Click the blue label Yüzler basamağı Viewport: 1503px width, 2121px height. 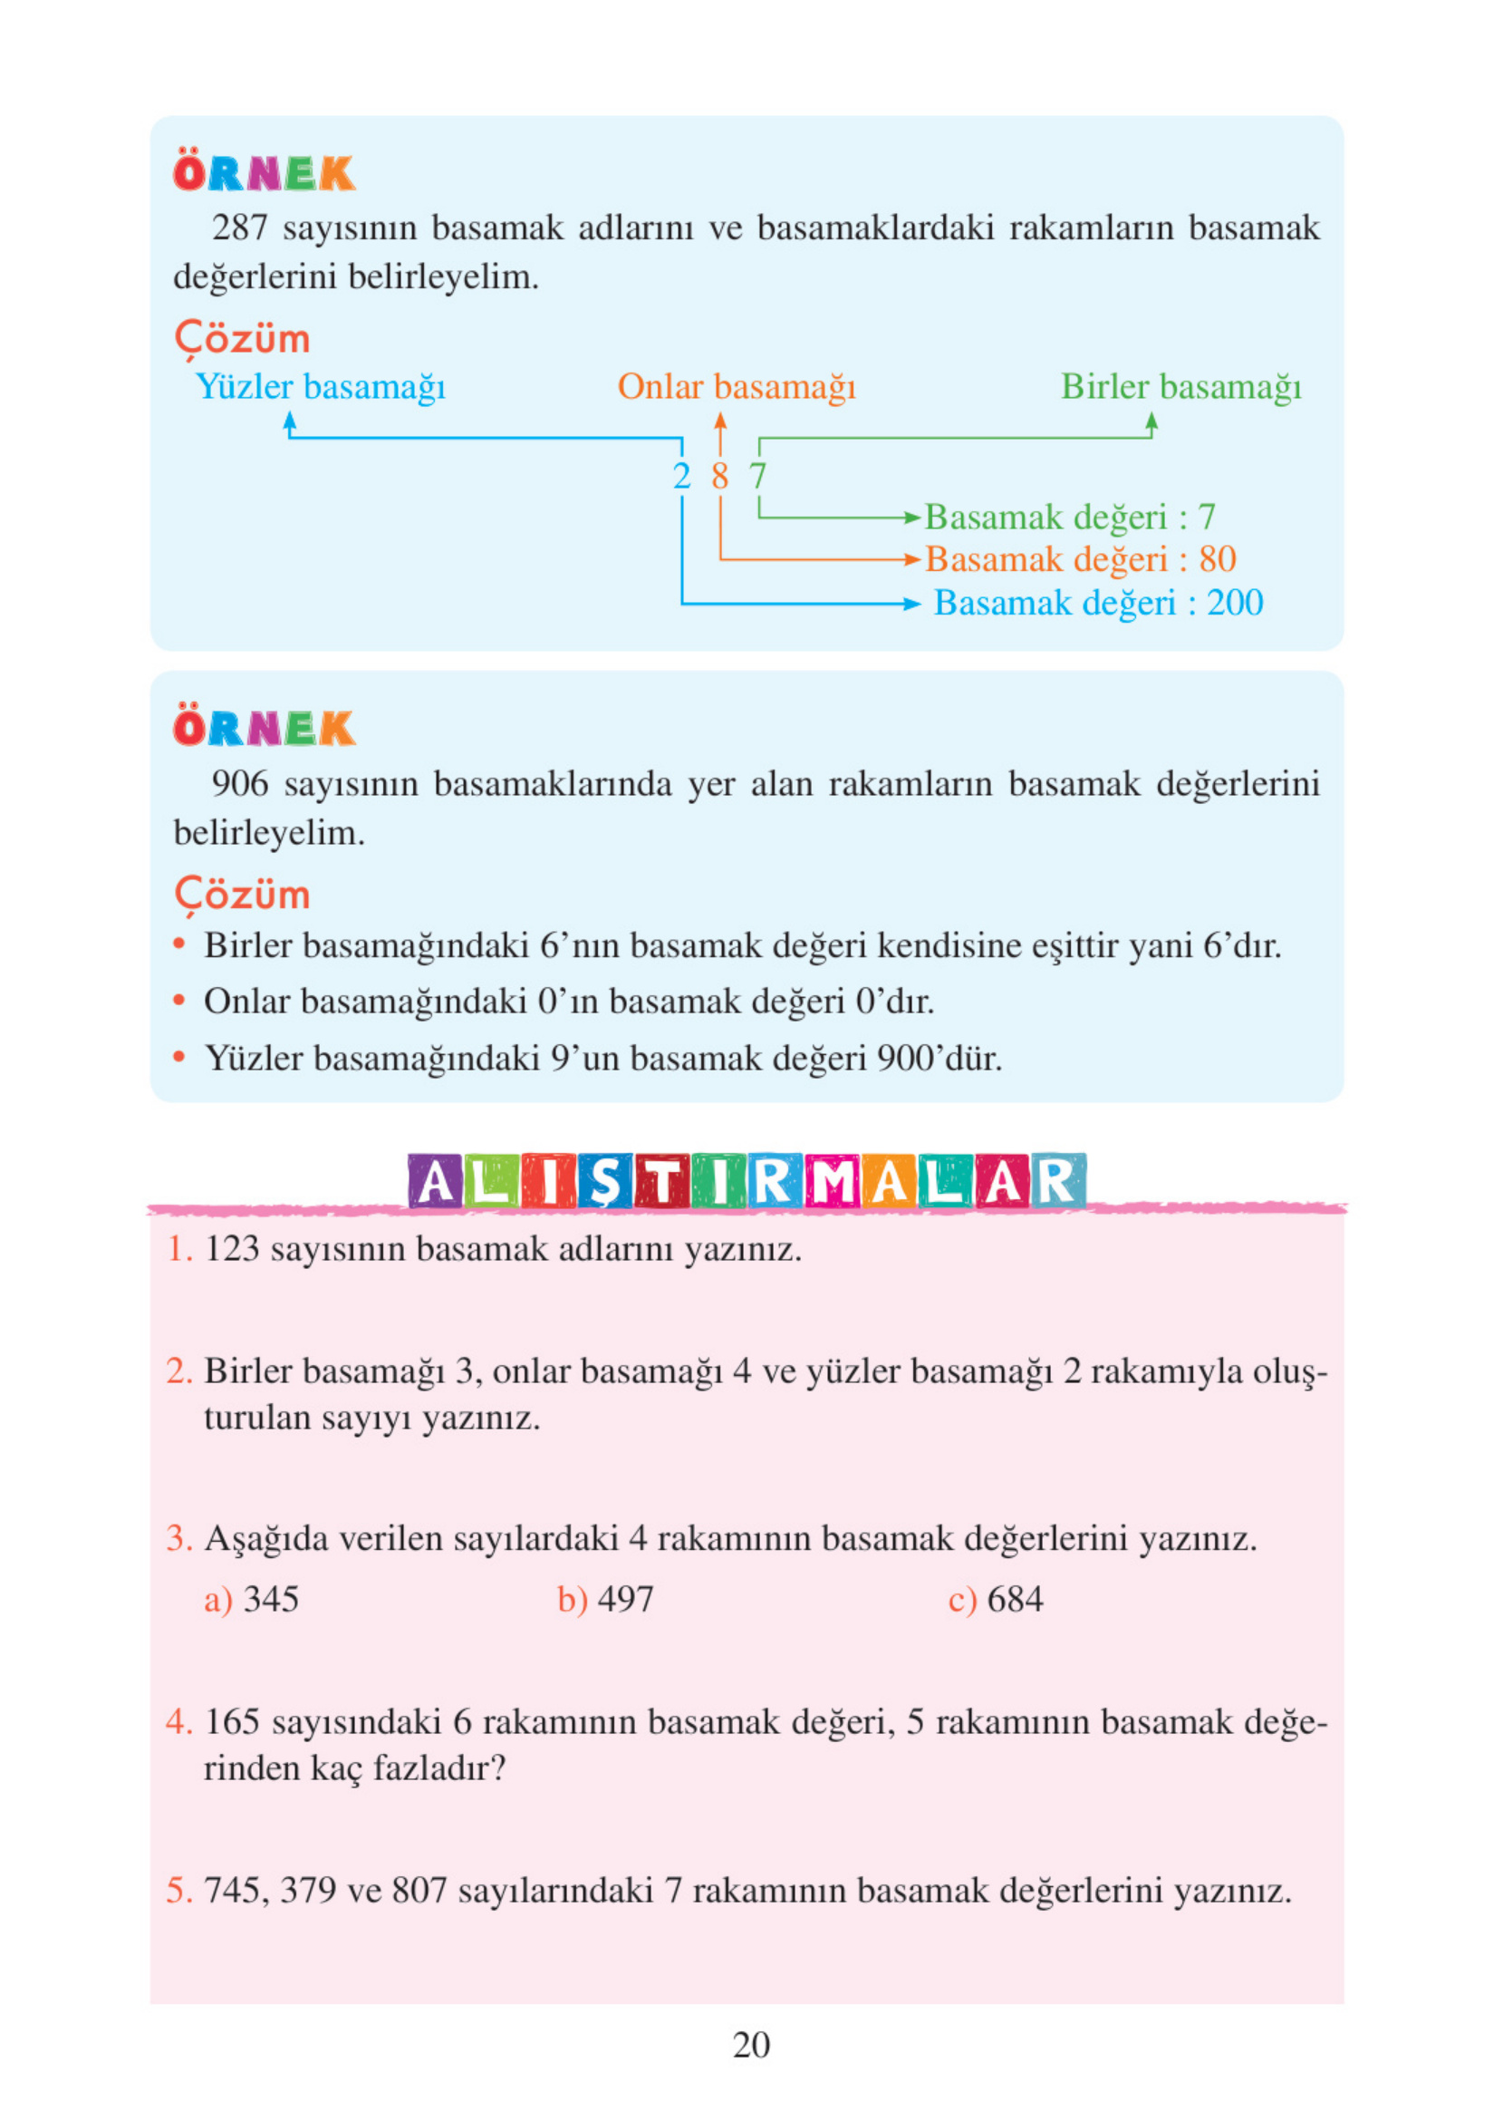(320, 387)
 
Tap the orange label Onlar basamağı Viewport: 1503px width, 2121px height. (737, 387)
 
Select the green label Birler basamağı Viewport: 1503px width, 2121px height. (1181, 387)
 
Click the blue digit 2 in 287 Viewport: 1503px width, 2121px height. (682, 477)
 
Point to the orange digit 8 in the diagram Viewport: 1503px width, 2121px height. (720, 477)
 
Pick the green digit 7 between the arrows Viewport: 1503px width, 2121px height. (758, 477)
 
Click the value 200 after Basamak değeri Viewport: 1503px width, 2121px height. (1236, 603)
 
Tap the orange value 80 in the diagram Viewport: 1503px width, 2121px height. (1218, 559)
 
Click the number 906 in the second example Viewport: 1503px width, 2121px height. (241, 784)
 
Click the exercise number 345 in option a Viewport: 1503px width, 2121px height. (271, 1600)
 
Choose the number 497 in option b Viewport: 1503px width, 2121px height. (626, 1600)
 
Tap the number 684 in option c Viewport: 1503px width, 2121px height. (1016, 1600)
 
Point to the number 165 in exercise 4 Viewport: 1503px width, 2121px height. (231, 1722)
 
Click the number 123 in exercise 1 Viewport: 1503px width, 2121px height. (231, 1249)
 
